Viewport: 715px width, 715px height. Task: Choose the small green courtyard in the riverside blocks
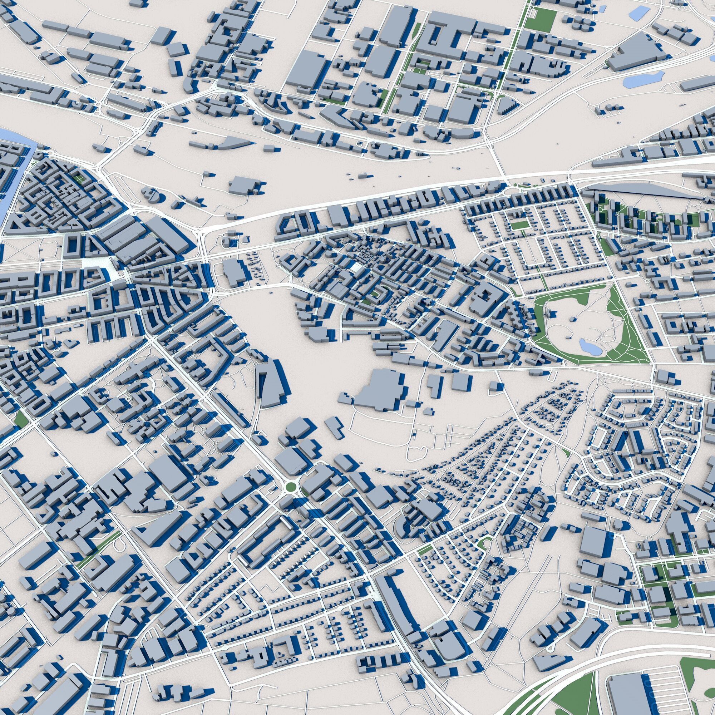point(78,178)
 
